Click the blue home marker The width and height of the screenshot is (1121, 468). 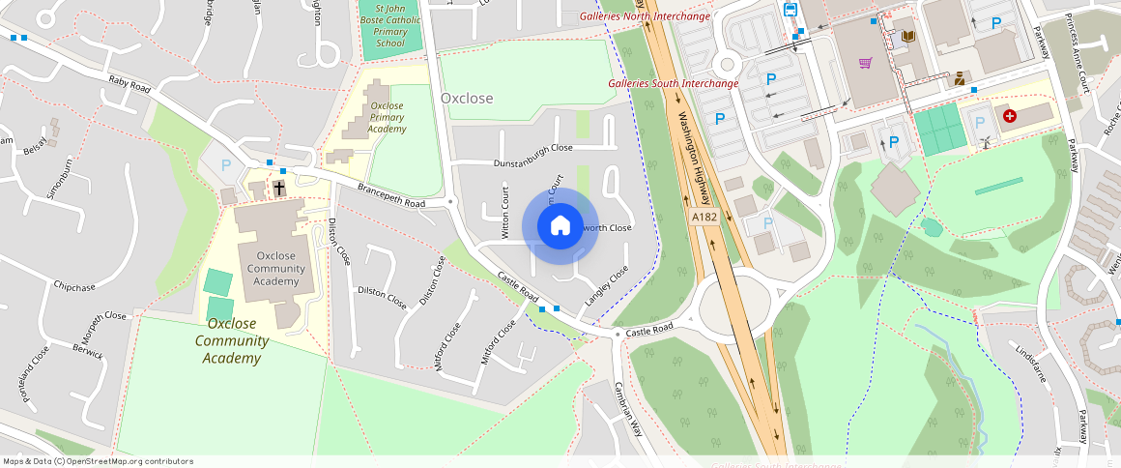click(560, 226)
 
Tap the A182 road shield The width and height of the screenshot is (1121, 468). click(704, 218)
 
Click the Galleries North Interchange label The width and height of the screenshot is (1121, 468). click(645, 16)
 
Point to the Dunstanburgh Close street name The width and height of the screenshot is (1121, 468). click(533, 148)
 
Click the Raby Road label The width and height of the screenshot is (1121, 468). click(130, 85)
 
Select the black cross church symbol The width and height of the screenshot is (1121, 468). click(279, 188)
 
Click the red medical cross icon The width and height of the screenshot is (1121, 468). click(1010, 116)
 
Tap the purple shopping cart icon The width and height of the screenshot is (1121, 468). click(866, 64)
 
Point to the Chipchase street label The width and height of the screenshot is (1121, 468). click(74, 287)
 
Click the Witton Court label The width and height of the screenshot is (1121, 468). click(504, 211)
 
